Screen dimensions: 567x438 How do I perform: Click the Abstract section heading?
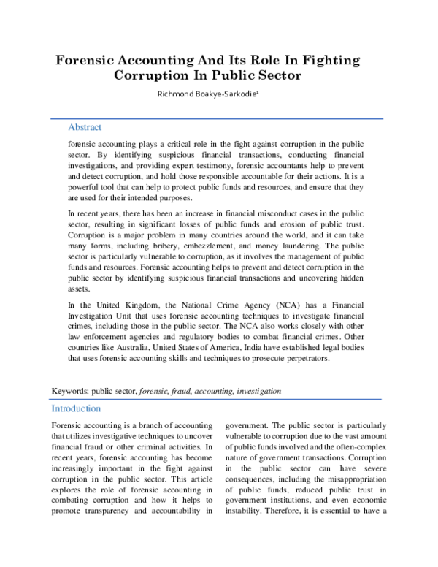(x=85, y=127)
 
